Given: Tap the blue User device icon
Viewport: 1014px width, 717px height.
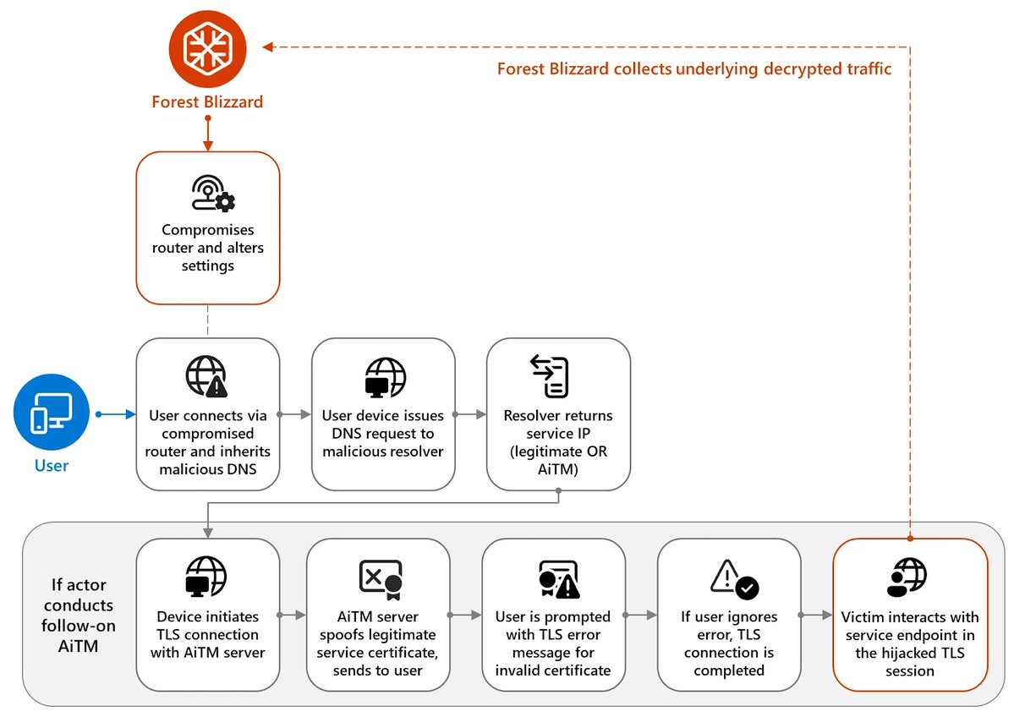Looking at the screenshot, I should pos(52,414).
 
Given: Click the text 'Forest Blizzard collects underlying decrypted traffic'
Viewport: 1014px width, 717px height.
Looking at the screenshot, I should pos(694,68).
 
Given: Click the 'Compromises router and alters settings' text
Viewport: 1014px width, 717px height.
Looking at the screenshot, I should pos(208,248).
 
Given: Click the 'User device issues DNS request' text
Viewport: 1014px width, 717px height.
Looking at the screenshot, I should pos(383,433).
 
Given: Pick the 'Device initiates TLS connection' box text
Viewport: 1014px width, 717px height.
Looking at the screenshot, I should pos(208,635).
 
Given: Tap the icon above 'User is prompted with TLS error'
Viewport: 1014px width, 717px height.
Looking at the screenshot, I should pos(558,578).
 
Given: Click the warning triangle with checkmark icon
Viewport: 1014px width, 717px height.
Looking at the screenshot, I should pos(733,578).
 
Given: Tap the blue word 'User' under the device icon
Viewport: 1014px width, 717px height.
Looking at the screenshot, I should pos(52,465).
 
